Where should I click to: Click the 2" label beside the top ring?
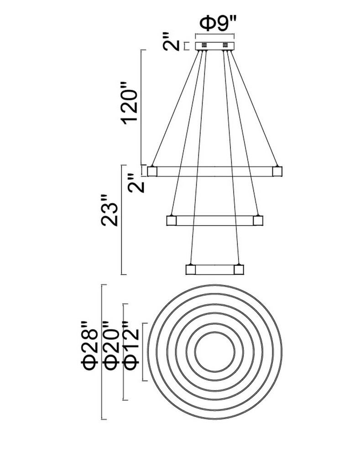coord(136,183)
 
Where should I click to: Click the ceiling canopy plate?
coord(215,46)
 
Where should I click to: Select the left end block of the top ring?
coord(152,171)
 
